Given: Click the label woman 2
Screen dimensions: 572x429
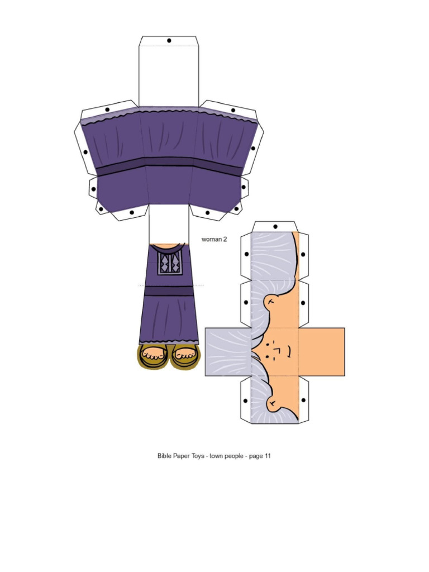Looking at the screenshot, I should tap(214, 239).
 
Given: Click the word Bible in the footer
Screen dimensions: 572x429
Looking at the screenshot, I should tap(165, 456).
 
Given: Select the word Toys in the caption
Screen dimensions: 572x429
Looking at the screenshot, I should tap(197, 456).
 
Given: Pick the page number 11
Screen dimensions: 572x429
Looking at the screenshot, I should tap(268, 456).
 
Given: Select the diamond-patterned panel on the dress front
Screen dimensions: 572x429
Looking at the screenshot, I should tap(168, 263).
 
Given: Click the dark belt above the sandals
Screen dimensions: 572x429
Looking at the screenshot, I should tap(169, 290).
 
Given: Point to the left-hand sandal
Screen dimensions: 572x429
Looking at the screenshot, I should tap(153, 357).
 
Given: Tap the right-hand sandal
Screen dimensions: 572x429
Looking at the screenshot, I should tap(184, 357).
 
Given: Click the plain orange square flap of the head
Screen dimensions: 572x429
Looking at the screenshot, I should tap(322, 352).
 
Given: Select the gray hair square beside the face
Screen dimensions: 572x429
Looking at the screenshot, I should tap(228, 352).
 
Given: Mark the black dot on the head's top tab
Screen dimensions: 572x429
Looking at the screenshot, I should tap(275, 226).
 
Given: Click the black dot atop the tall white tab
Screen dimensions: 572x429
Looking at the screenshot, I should tap(169, 41).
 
